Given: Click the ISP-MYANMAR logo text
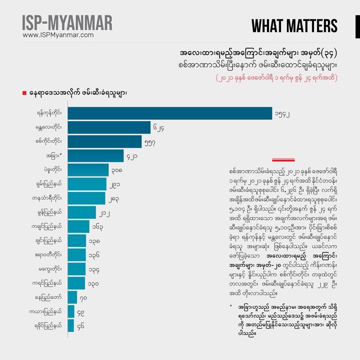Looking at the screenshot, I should (x=67, y=23).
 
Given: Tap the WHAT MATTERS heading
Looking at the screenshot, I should (x=294, y=26).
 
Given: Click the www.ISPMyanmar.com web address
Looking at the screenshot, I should (x=58, y=35).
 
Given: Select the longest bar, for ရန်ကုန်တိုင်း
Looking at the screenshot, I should (x=169, y=113).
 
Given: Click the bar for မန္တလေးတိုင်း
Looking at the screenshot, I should (x=109, y=127).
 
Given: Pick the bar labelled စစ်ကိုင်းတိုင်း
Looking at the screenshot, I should (x=104, y=141).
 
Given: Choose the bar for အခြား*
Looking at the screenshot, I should (x=95, y=155).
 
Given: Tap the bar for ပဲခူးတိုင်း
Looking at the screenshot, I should (x=88, y=170).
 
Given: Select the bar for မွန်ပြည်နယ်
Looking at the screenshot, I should (x=81, y=212).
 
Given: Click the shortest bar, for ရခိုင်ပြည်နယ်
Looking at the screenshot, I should (x=70, y=325).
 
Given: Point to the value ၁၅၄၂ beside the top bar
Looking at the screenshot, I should (x=281, y=114).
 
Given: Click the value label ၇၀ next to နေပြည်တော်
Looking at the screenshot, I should (x=83, y=297).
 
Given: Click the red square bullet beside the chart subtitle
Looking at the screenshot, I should (x=24, y=93).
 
